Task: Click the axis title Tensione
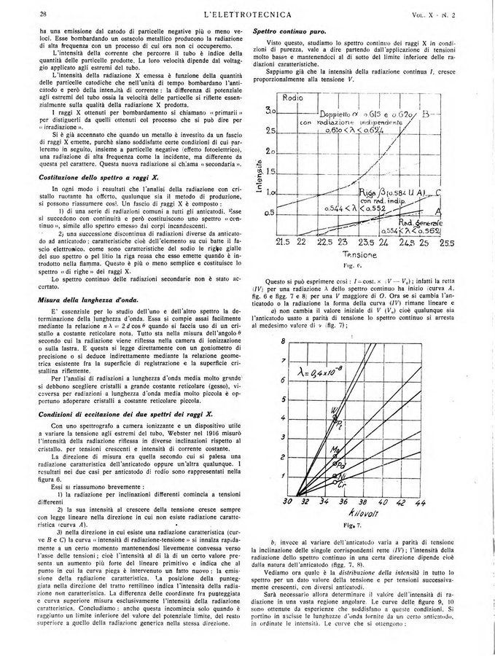(x=362, y=256)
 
